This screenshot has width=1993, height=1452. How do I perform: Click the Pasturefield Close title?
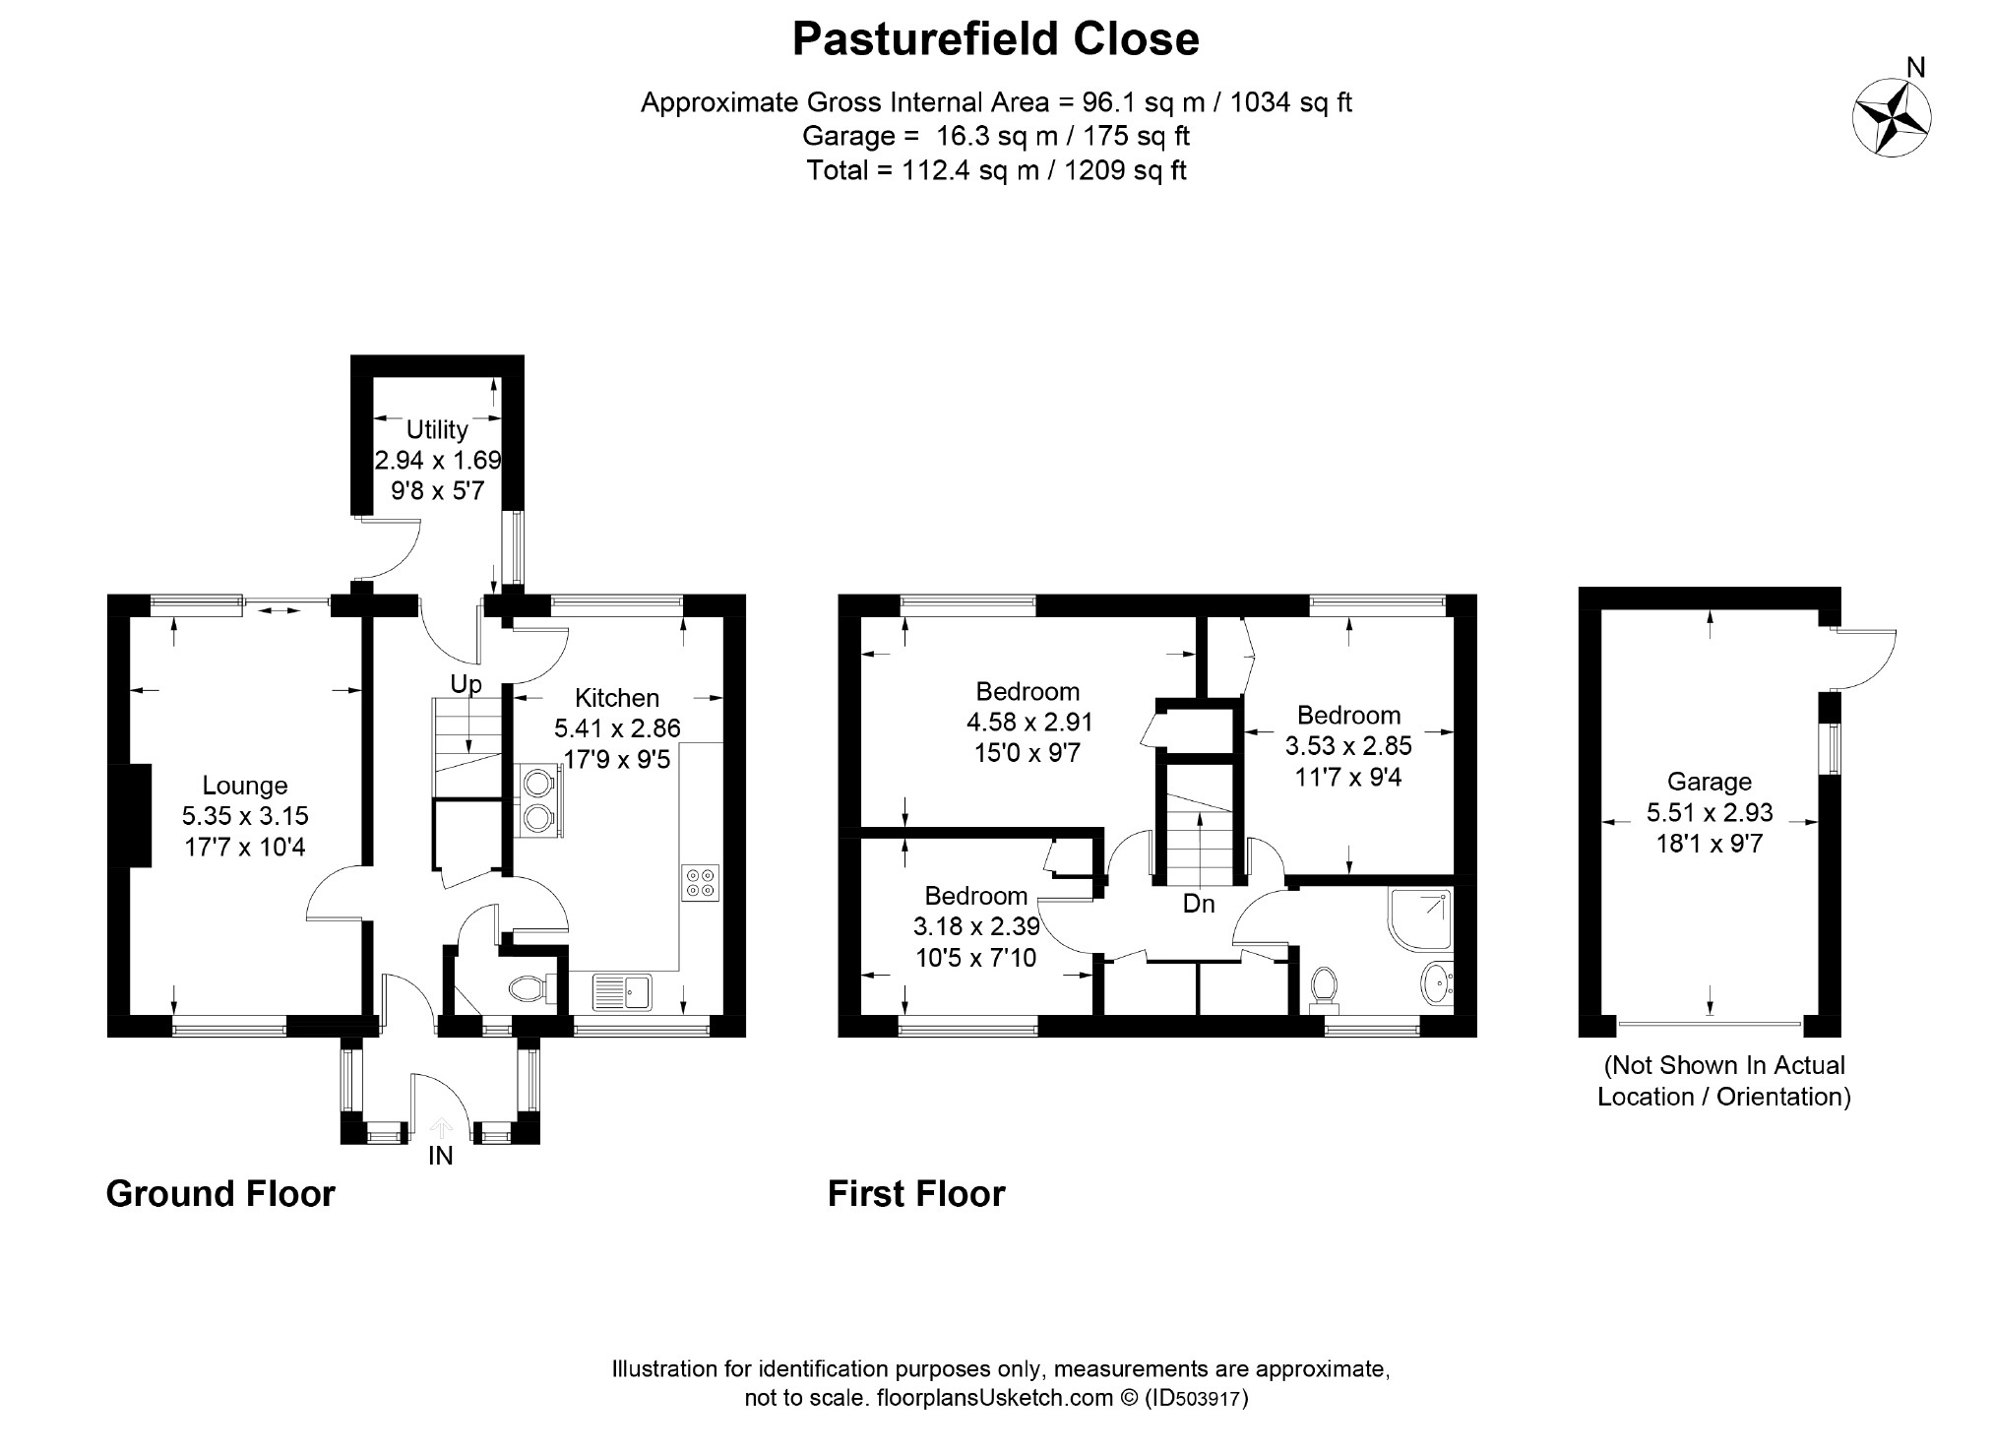996,39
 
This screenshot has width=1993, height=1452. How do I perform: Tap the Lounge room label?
245,786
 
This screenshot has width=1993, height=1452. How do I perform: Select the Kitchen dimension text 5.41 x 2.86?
617,729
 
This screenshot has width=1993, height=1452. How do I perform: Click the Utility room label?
437,430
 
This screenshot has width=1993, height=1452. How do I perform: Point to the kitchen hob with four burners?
700,881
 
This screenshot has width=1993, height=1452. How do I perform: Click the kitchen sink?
621,991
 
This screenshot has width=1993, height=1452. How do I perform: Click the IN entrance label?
440,1156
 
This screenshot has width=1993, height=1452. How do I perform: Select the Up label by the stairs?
466,683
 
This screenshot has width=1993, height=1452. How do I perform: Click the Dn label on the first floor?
1199,904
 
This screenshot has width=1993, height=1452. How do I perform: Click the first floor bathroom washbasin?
1437,983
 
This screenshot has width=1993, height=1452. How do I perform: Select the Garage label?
1710,782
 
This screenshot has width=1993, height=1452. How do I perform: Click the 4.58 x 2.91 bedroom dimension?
1029,723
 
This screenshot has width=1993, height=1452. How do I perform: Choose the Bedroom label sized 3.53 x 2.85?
1348,716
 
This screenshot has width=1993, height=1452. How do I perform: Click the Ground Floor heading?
220,1194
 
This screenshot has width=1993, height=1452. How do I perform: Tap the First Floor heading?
916,1194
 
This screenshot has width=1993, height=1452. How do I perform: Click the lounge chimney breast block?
139,816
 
